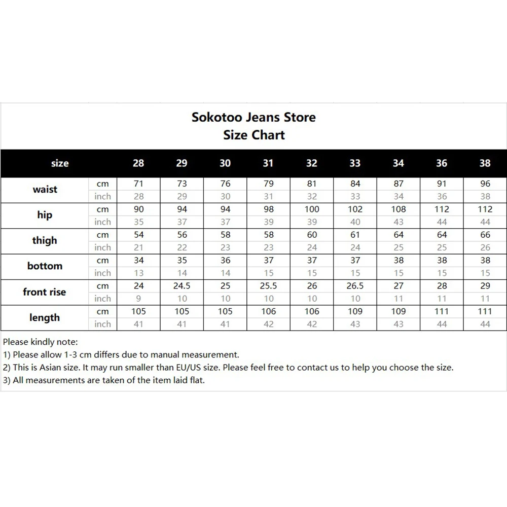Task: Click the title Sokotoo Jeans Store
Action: click(253, 117)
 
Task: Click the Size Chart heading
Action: click(253, 135)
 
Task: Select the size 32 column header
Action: click(312, 163)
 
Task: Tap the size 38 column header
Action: click(485, 163)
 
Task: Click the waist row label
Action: click(45, 190)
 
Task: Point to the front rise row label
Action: click(45, 292)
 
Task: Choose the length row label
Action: click(45, 318)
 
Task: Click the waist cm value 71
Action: click(138, 184)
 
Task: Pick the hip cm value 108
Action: click(399, 209)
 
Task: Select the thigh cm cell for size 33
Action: click(355, 235)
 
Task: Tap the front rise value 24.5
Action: click(182, 286)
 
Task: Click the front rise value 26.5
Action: click(355, 286)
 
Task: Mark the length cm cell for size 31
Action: click(269, 311)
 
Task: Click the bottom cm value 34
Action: click(138, 261)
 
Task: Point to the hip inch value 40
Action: click(355, 222)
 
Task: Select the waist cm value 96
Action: click(485, 184)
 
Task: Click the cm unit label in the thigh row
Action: click(102, 235)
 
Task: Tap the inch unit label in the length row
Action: click(102, 324)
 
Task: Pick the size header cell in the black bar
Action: click(60, 163)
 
